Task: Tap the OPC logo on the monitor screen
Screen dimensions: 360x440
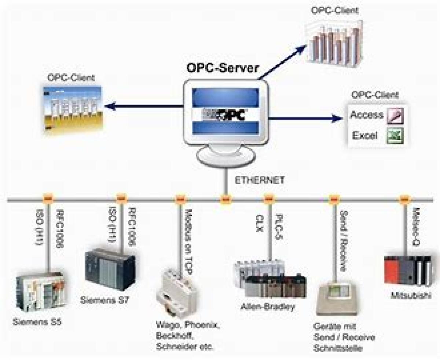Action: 226,115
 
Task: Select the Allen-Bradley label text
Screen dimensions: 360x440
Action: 268,307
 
